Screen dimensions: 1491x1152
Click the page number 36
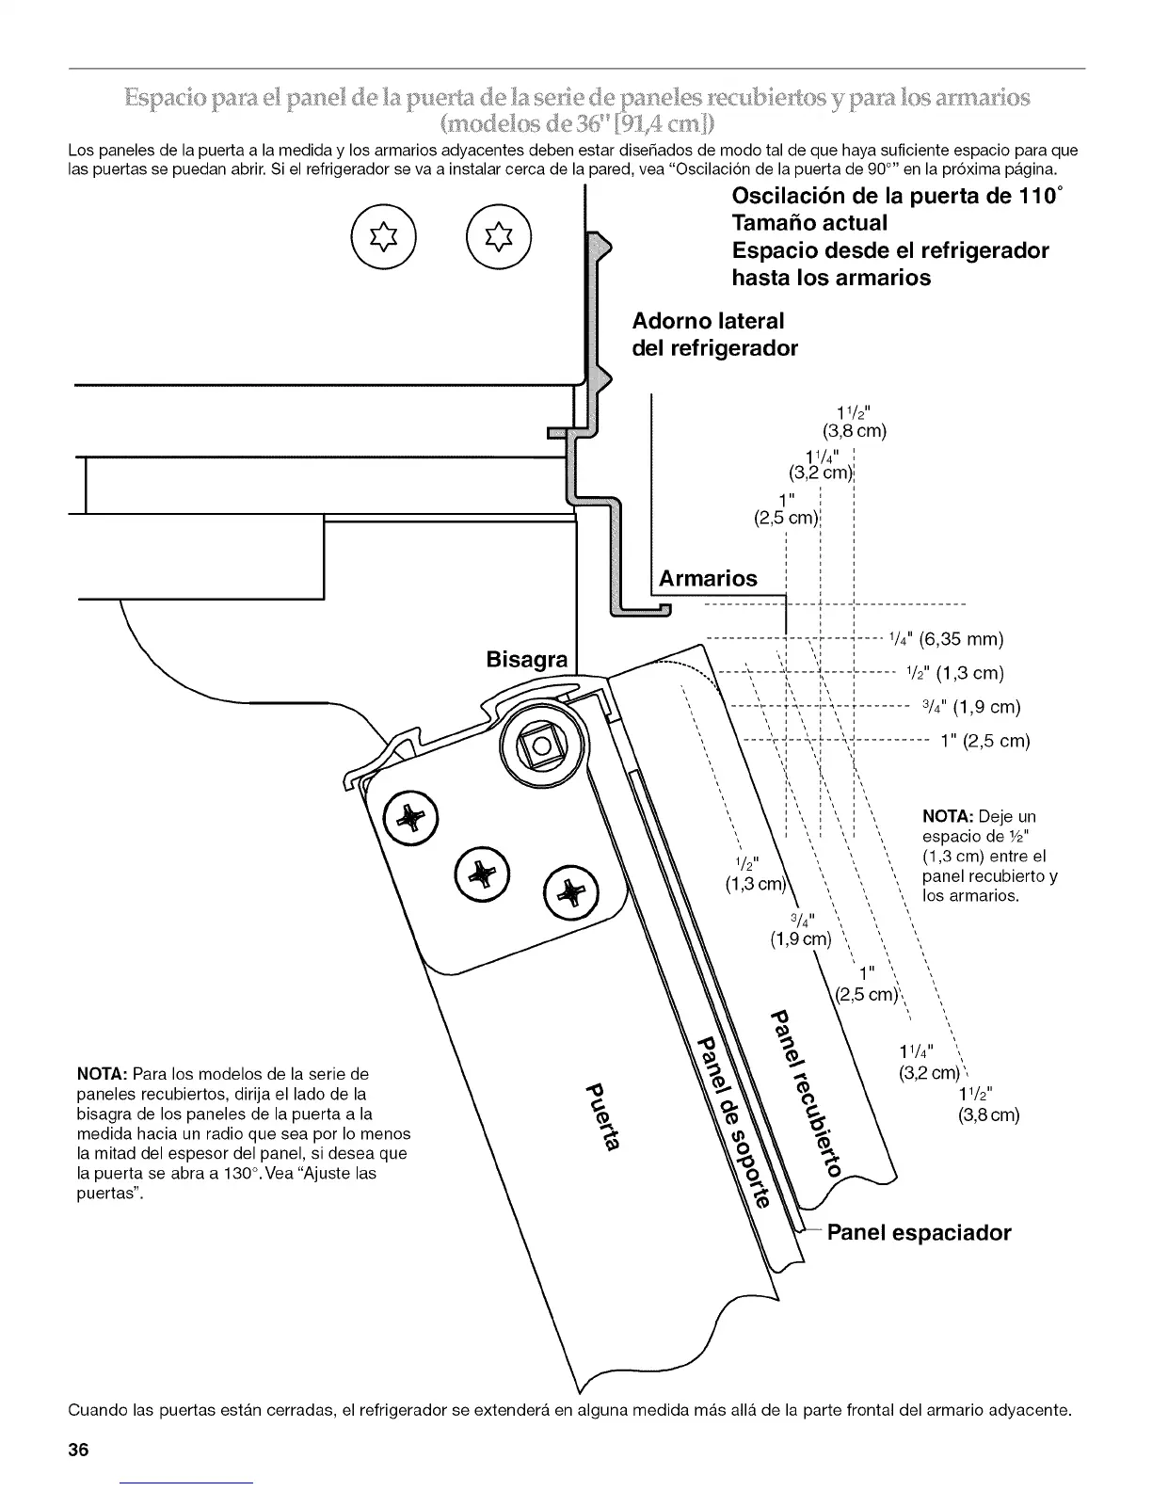pyautogui.click(x=77, y=1450)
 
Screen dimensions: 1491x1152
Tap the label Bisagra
pyautogui.click(x=527, y=659)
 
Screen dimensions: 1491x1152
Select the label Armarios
pyautogui.click(x=708, y=578)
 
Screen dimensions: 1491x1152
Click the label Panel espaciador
pyautogui.click(x=919, y=1233)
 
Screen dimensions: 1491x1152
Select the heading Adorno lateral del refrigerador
pyautogui.click(x=713, y=334)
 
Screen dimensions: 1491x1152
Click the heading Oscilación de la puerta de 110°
pyautogui.click(x=901, y=197)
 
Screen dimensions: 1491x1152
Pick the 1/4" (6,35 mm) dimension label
pyautogui.click(x=946, y=640)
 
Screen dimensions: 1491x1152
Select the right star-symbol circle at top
pyautogui.click(x=499, y=235)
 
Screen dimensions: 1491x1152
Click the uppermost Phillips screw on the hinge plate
pyautogui.click(x=408, y=816)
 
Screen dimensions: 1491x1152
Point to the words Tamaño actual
pyautogui.click(x=809, y=223)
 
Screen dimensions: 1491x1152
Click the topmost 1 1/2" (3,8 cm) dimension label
pyautogui.click(x=855, y=421)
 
